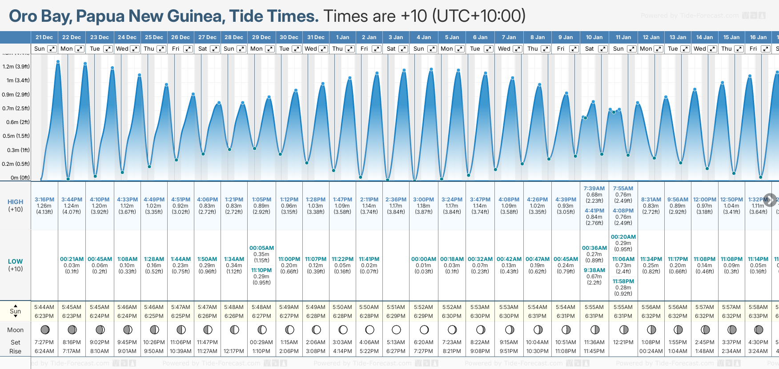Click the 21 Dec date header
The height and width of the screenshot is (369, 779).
tap(44, 37)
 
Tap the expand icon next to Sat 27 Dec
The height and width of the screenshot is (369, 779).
tap(215, 49)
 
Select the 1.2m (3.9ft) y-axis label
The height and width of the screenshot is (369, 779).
tap(16, 67)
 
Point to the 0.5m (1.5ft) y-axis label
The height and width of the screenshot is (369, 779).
tap(16, 136)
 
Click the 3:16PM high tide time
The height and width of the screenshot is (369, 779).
tap(44, 200)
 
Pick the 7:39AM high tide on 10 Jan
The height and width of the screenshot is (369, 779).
tap(594, 189)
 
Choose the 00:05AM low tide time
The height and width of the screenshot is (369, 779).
tap(261, 248)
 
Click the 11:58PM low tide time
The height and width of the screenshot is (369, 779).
tap(623, 281)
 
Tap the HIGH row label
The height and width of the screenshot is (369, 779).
tap(15, 202)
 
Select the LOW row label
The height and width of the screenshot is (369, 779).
tap(15, 261)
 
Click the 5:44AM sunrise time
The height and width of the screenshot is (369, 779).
tap(44, 307)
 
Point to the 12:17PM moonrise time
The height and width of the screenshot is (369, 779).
tap(234, 351)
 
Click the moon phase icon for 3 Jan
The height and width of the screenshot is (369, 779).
tap(396, 330)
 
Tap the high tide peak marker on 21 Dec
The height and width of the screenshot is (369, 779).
tap(58, 62)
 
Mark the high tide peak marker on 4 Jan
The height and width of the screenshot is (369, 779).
tap(431, 69)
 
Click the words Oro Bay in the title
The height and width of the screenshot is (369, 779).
tap(39, 16)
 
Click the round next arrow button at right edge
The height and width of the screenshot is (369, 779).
tap(770, 200)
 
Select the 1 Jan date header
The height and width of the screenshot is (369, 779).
tap(342, 37)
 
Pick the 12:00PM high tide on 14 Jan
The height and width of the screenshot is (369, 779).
tap(705, 200)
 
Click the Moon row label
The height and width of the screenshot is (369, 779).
tap(15, 330)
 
